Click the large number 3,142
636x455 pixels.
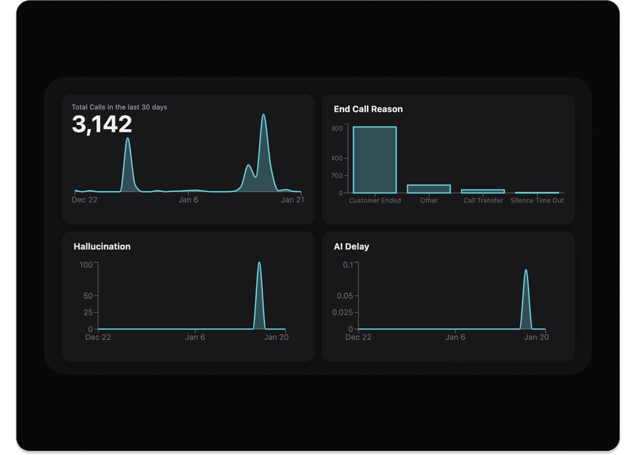[x=102, y=124]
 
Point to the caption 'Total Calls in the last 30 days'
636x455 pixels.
[x=119, y=107]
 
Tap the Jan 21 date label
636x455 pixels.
[x=292, y=200]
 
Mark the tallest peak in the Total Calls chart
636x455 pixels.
[x=263, y=115]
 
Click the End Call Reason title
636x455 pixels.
[x=368, y=109]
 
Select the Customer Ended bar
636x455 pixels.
[x=375, y=160]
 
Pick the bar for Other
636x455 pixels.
[x=429, y=189]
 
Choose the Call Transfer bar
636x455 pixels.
[x=483, y=191]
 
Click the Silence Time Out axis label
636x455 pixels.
[x=537, y=200]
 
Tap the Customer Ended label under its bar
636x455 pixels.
[x=375, y=200]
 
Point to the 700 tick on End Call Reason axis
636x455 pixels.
[x=337, y=176]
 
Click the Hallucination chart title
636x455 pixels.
[x=102, y=247]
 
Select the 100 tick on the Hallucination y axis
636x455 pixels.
[x=86, y=265]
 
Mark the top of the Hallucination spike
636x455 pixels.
[x=259, y=263]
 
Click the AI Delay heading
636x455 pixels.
[x=352, y=247]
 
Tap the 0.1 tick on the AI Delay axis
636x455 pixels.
[x=348, y=265]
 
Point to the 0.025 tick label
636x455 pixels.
[x=341, y=312]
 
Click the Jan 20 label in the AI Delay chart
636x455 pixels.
[x=537, y=337]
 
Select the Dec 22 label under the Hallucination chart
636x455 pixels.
[x=98, y=337]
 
